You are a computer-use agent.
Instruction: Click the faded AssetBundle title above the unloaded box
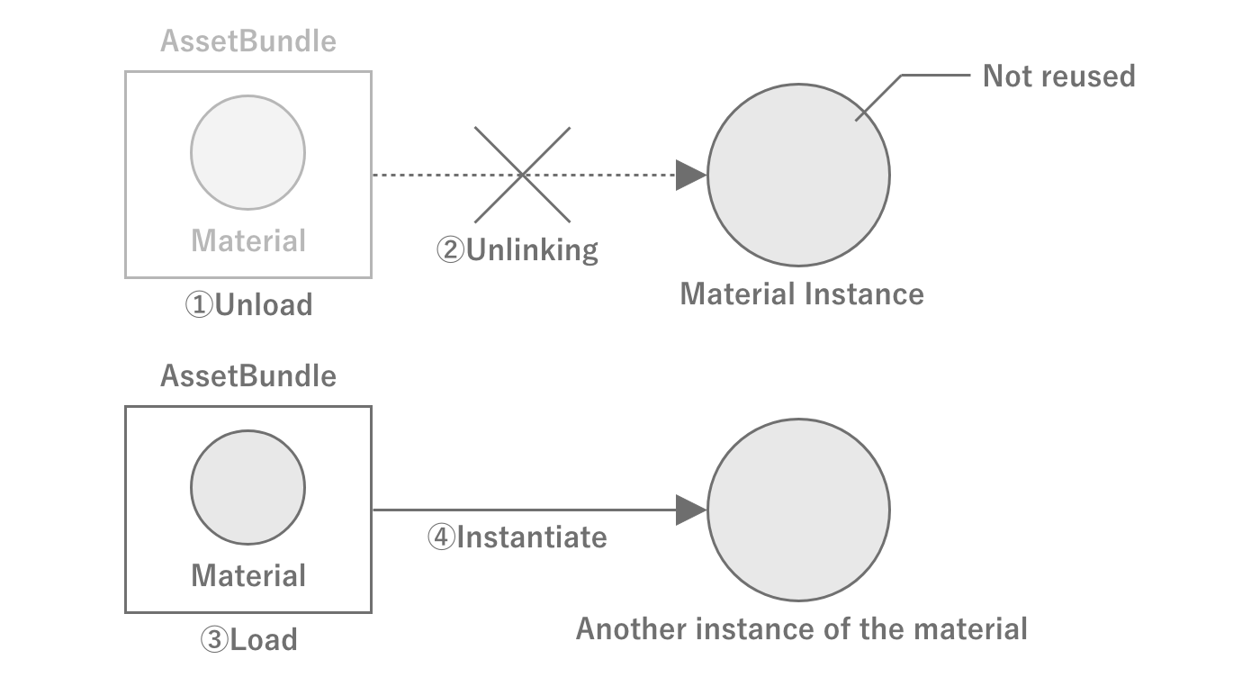[x=248, y=41]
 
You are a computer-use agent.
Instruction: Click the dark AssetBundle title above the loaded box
[x=248, y=375]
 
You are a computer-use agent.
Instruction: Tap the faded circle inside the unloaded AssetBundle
[x=247, y=152]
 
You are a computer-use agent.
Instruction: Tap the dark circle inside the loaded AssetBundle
[x=247, y=487]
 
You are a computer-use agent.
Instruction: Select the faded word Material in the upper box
[x=248, y=240]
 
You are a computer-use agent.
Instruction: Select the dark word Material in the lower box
[x=248, y=574]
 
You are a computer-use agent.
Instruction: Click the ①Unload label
[x=248, y=304]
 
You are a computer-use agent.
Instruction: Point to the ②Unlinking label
[x=517, y=249]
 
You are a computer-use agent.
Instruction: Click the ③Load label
[x=248, y=639]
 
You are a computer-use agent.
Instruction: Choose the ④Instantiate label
[x=517, y=537]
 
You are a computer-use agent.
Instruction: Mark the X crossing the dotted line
[x=522, y=175]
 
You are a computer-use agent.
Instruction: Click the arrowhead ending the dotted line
[x=690, y=175]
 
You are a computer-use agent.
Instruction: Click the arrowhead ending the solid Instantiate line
[x=690, y=510]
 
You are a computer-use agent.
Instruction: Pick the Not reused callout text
[x=1058, y=76]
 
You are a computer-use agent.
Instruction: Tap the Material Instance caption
[x=801, y=293]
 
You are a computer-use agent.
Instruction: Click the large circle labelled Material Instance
[x=798, y=175]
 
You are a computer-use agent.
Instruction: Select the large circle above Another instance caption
[x=798, y=510]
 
